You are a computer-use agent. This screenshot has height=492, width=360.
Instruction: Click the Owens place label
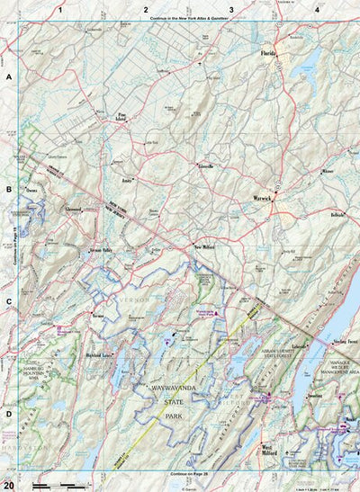(31, 191)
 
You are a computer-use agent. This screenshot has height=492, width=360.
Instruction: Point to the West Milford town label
(273, 447)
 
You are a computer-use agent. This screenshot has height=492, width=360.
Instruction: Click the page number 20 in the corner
(8, 484)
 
